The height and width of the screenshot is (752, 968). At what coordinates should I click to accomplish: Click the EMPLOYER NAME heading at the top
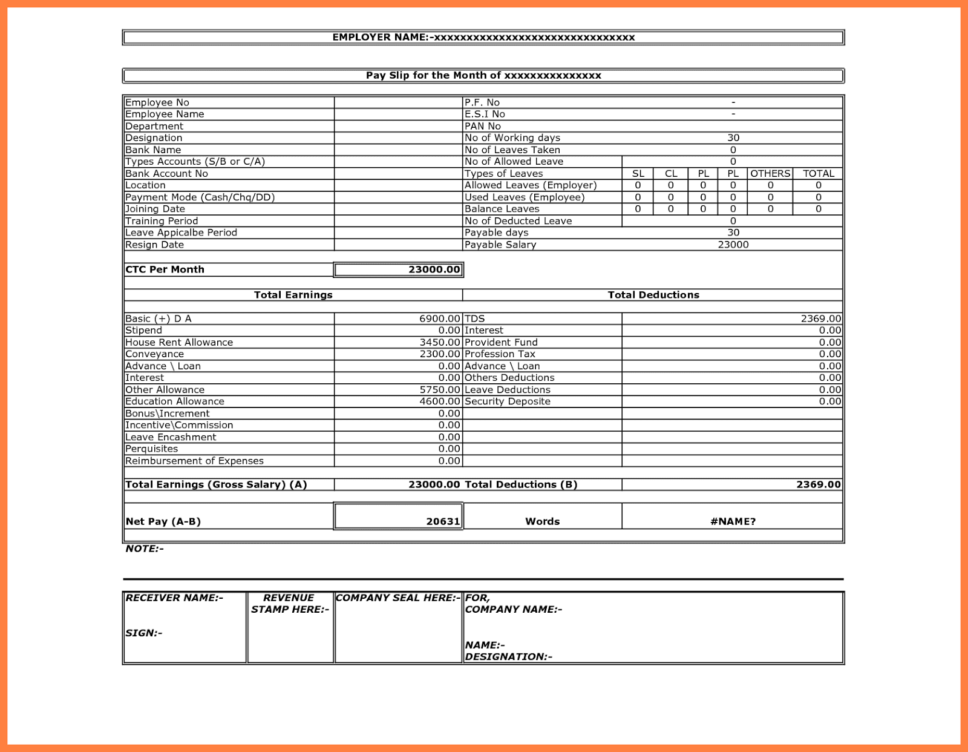pyautogui.click(x=483, y=38)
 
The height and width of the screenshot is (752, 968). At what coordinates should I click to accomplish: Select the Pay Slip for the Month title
pyautogui.click(x=483, y=76)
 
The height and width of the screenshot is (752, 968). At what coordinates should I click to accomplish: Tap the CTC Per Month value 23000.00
pyautogui.click(x=434, y=269)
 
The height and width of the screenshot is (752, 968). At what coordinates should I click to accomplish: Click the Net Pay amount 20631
pyautogui.click(x=443, y=521)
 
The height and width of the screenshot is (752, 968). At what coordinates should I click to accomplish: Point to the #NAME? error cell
pyautogui.click(x=733, y=521)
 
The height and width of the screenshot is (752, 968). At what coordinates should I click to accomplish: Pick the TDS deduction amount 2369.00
pyautogui.click(x=820, y=318)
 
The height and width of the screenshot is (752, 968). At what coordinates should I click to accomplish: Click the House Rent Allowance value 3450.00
pyautogui.click(x=440, y=342)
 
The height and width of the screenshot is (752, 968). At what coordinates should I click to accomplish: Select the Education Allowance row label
pyautogui.click(x=175, y=401)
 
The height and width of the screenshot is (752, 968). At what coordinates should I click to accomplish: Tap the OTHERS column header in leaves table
pyautogui.click(x=770, y=174)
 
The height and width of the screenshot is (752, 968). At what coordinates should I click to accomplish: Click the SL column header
pyautogui.click(x=638, y=174)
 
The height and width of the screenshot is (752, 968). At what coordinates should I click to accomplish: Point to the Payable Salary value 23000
pyautogui.click(x=733, y=245)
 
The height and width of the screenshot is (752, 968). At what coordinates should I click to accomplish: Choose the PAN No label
pyautogui.click(x=483, y=126)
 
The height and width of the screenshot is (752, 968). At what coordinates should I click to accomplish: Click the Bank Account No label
pyautogui.click(x=166, y=174)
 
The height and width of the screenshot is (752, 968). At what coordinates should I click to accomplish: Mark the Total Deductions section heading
pyautogui.click(x=653, y=295)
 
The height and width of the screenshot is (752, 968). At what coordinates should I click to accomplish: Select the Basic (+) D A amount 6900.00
pyautogui.click(x=440, y=318)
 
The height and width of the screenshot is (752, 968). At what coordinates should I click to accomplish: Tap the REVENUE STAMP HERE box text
pyautogui.click(x=290, y=604)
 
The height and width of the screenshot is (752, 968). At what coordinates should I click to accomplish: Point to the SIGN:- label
pyautogui.click(x=144, y=633)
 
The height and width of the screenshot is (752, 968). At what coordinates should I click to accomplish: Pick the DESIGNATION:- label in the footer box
pyautogui.click(x=508, y=656)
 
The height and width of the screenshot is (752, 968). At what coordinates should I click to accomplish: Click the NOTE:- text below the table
pyautogui.click(x=145, y=549)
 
